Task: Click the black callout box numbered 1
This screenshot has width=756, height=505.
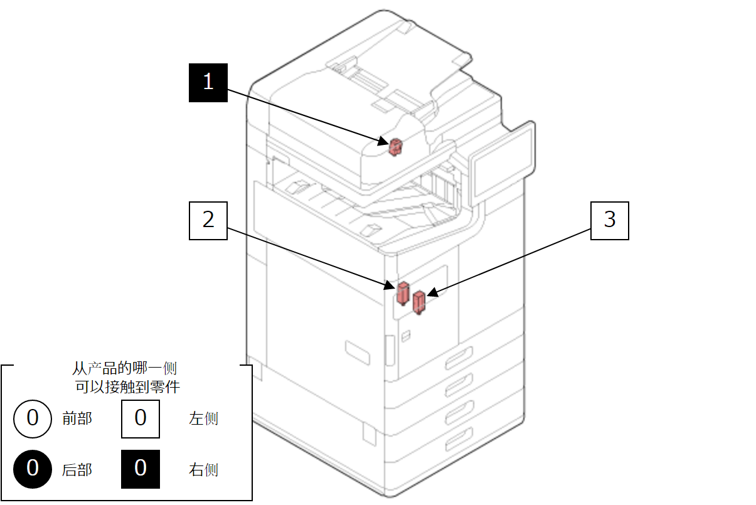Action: point(208,82)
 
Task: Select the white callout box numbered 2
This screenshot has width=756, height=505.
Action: point(208,220)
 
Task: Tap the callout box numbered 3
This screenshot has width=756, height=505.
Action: point(609,220)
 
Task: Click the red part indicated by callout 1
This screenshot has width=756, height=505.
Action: point(395,147)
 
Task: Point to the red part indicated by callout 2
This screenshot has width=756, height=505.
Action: point(402,292)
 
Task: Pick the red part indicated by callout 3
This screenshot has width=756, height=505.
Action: point(418,303)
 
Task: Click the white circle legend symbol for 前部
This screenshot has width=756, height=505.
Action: point(33,418)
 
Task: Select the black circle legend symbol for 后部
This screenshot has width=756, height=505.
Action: point(33,469)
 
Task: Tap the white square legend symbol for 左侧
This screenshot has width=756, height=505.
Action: point(141,418)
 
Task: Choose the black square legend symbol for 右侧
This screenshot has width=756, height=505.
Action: point(141,469)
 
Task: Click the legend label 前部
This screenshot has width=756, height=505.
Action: point(77,418)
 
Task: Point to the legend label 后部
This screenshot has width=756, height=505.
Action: point(77,469)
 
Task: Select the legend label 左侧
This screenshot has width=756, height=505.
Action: point(204,418)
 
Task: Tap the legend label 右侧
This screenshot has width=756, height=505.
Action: point(204,469)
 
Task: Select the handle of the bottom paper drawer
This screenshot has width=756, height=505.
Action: point(458,440)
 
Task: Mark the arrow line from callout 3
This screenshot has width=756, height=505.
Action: point(511,262)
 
